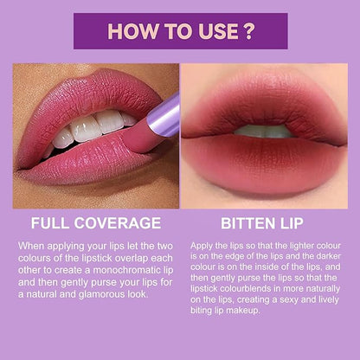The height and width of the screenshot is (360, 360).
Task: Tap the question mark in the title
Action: click(x=247, y=31)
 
